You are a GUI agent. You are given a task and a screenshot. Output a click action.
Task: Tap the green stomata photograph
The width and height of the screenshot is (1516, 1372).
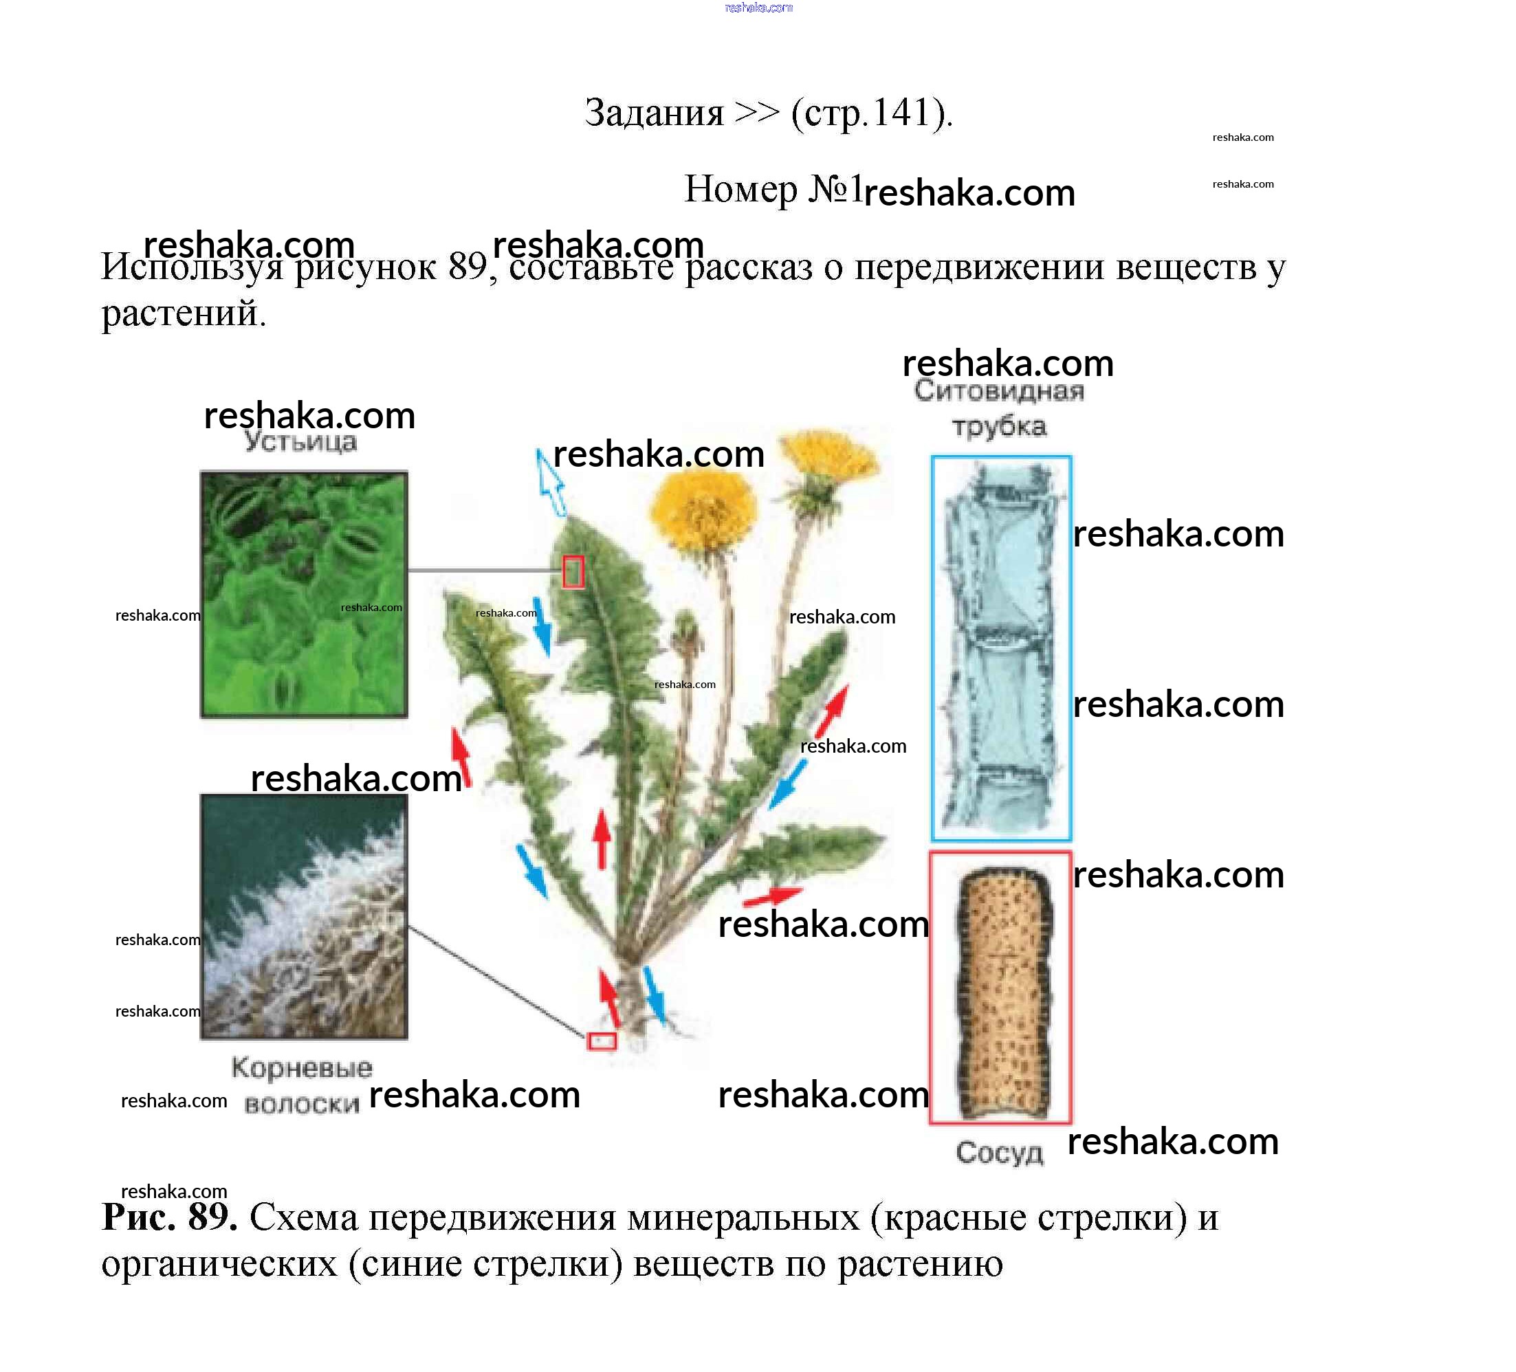(304, 594)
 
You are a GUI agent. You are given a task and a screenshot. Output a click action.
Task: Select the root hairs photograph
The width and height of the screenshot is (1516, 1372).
(304, 916)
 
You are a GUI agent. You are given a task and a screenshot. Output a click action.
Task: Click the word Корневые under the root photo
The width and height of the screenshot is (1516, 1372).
(302, 1067)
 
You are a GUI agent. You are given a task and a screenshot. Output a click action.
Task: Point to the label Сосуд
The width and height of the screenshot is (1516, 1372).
(1000, 1153)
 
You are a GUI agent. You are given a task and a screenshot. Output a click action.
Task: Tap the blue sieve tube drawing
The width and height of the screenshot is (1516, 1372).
(1001, 648)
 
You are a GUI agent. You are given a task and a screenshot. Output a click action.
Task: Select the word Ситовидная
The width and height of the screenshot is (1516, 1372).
(1000, 391)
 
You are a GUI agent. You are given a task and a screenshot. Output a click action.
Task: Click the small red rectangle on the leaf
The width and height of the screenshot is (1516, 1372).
(573, 571)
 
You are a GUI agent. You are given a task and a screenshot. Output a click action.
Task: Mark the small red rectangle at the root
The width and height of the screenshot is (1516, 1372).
(602, 1041)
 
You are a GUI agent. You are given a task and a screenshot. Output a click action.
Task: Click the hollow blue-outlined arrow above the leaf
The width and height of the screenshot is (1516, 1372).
(551, 483)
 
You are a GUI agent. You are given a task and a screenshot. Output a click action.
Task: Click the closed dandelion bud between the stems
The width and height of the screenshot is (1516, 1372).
(687, 632)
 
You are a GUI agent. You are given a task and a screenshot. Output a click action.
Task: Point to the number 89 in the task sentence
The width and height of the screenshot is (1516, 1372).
(468, 266)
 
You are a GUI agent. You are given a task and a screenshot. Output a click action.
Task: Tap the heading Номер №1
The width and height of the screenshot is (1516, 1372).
(773, 189)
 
